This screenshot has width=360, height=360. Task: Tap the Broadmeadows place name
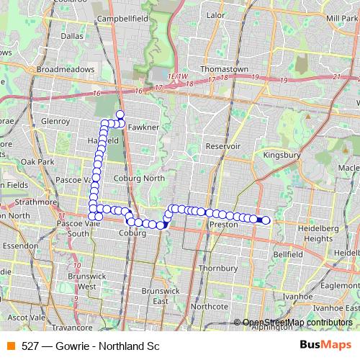point(66,69)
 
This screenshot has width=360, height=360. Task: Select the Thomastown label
point(225,69)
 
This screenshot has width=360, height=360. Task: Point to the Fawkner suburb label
point(142,127)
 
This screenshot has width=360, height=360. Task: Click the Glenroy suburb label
point(55,121)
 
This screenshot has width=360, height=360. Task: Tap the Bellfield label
point(288,254)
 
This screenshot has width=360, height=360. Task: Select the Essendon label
point(20,245)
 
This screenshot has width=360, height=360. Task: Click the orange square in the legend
point(10,346)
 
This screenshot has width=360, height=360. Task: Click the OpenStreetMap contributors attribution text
point(297,323)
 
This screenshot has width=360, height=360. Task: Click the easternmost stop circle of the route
point(266,220)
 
